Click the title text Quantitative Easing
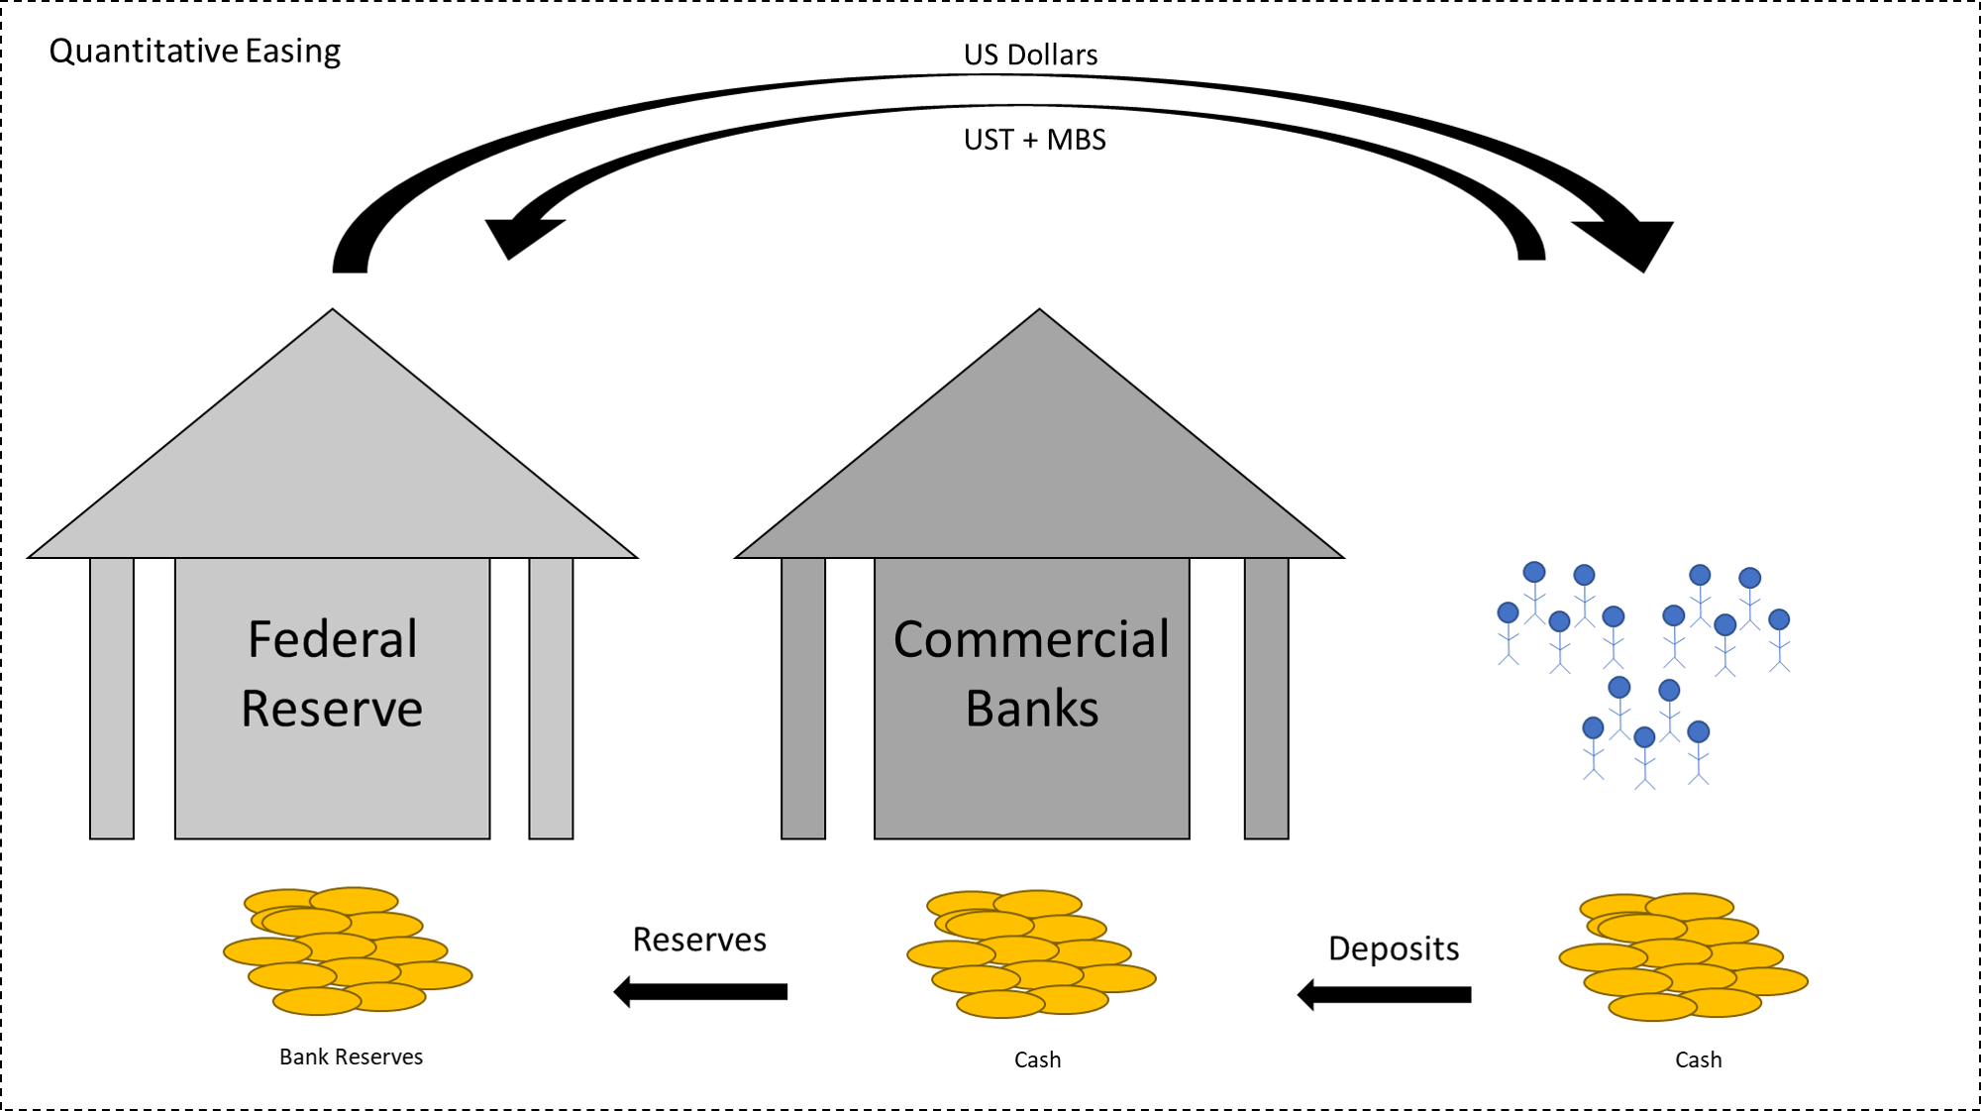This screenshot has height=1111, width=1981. tap(194, 51)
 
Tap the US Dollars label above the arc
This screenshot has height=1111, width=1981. tap(1030, 55)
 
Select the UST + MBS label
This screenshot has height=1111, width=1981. tap(1034, 140)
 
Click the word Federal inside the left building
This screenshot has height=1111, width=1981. tap(332, 639)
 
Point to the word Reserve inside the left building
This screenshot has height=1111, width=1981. tap(332, 709)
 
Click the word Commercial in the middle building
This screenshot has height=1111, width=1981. tap(1031, 639)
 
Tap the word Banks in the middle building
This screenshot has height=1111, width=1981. tap(1031, 709)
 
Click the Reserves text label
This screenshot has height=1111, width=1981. tap(699, 940)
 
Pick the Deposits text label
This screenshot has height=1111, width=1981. tap(1393, 948)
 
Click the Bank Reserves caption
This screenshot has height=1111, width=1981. tap(351, 1057)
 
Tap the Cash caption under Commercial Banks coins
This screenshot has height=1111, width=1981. tap(1037, 1060)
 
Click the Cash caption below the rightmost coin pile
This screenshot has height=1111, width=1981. tap(1698, 1060)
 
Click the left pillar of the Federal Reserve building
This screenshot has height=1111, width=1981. tap(112, 699)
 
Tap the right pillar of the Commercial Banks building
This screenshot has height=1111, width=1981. tap(1266, 699)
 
